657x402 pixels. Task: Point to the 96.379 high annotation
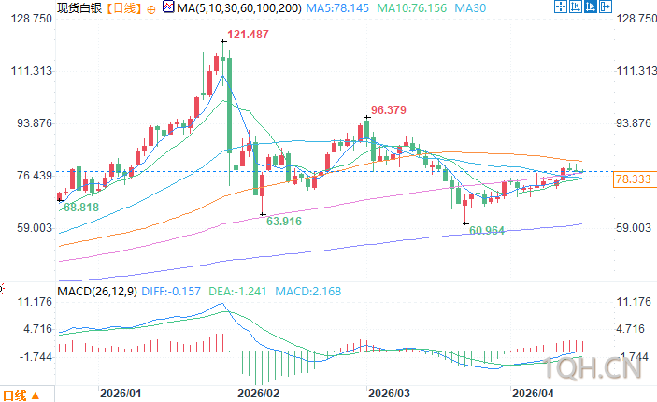coord(389,109)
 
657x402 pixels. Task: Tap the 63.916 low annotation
coord(284,222)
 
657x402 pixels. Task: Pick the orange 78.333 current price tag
coord(633,179)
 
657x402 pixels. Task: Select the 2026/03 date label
coord(390,393)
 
